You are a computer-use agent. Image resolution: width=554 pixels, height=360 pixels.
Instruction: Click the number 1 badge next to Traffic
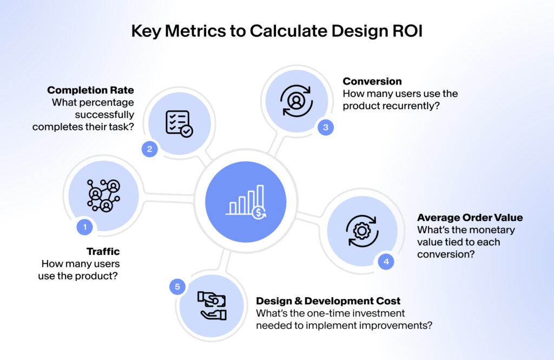click(x=84, y=226)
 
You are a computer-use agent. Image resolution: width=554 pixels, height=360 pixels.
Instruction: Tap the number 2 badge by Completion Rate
click(x=150, y=149)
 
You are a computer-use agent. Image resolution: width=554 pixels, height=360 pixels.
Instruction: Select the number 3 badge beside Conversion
click(x=325, y=128)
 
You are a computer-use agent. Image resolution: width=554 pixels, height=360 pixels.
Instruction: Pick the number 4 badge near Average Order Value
click(x=386, y=261)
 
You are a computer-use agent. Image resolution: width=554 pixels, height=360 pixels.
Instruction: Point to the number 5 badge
click(x=177, y=286)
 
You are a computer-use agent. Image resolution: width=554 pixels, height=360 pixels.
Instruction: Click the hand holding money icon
click(x=212, y=306)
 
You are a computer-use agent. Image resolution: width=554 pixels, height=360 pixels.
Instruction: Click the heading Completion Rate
click(x=90, y=90)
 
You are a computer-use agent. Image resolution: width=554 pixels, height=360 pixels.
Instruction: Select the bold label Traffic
click(x=103, y=252)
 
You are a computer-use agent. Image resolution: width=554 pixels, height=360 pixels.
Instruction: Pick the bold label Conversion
click(x=372, y=81)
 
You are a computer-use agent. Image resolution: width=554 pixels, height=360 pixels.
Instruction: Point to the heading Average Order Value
click(x=470, y=218)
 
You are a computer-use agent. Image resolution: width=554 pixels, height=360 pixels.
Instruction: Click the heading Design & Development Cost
click(x=328, y=301)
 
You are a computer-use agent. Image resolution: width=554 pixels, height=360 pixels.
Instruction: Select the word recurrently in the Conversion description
click(x=411, y=106)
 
